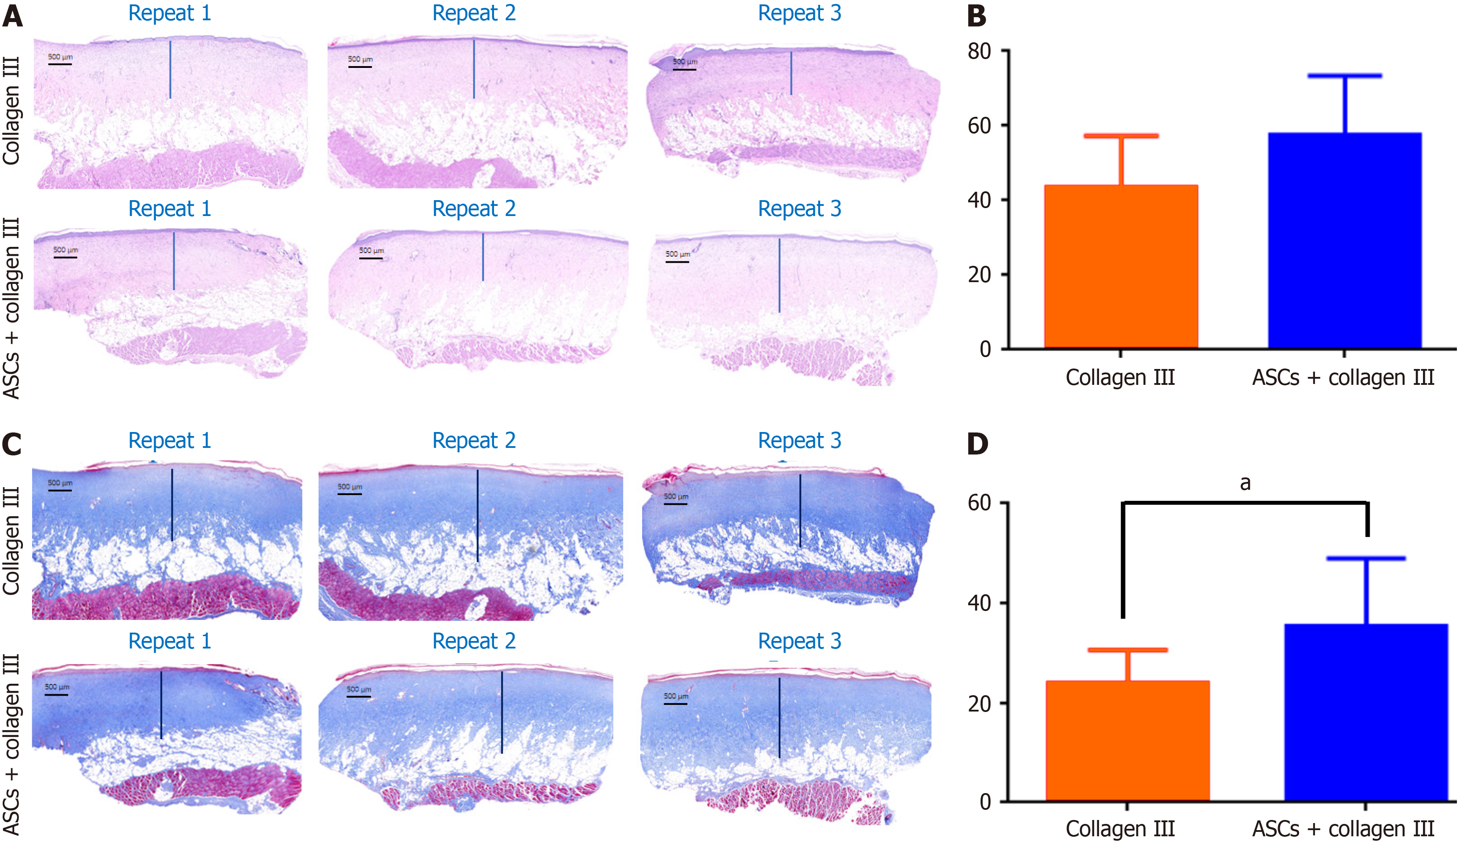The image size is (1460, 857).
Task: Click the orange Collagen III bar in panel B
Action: coord(1121,267)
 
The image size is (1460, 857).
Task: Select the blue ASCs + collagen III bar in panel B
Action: coord(1344,240)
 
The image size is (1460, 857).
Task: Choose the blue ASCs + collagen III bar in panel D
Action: coord(1366,713)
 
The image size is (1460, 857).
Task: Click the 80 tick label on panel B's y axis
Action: coord(979,51)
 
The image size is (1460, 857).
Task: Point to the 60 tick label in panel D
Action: coord(979,503)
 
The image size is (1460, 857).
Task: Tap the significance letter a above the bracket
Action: coord(1245,483)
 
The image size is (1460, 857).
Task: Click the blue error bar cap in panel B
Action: coord(1344,76)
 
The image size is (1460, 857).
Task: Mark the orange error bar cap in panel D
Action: coord(1127,650)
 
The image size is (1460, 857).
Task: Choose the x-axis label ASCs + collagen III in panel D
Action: coord(1343,829)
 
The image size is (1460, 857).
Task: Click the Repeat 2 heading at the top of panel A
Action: coord(474,13)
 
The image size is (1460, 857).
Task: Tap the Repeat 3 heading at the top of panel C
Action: coord(799,440)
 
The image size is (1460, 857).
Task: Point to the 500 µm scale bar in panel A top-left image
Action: coord(59,64)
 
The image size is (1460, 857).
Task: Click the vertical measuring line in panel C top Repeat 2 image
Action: coord(477,516)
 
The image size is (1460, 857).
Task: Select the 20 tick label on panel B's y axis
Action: coord(979,275)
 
